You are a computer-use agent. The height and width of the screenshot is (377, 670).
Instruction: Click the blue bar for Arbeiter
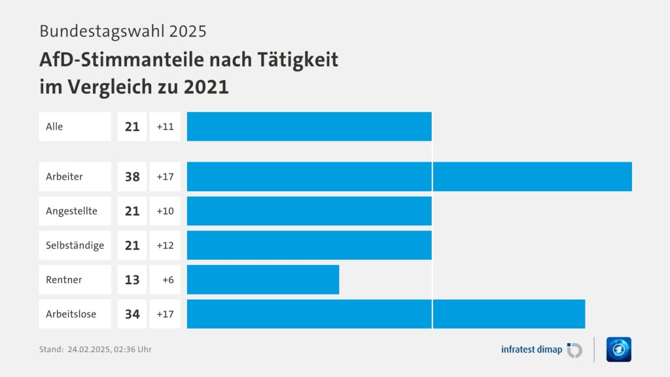point(409,176)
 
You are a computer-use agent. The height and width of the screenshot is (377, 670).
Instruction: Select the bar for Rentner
point(263,279)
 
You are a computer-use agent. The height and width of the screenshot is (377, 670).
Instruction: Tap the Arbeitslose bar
point(385,314)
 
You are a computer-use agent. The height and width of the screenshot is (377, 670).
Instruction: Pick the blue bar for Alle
point(309,126)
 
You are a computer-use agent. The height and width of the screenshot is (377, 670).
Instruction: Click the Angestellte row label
point(71,211)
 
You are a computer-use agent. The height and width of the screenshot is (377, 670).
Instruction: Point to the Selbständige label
point(75,245)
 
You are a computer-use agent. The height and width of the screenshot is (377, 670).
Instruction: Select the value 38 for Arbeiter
point(132,176)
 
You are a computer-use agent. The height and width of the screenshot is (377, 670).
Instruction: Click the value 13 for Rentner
point(132,279)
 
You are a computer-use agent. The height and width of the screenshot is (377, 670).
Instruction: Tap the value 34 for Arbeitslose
point(132,314)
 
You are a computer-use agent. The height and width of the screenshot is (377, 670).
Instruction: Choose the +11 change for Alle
point(165,126)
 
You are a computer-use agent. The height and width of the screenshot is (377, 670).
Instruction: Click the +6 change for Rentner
point(167,279)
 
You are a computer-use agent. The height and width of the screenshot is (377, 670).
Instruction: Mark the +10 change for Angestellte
point(165,211)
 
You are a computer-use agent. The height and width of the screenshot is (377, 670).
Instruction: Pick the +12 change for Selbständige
point(165,245)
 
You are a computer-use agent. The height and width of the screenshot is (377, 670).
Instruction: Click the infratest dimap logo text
point(531,350)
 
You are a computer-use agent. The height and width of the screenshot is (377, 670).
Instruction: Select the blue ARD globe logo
point(619,350)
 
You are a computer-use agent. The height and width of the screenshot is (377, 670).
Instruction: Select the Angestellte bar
point(309,211)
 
